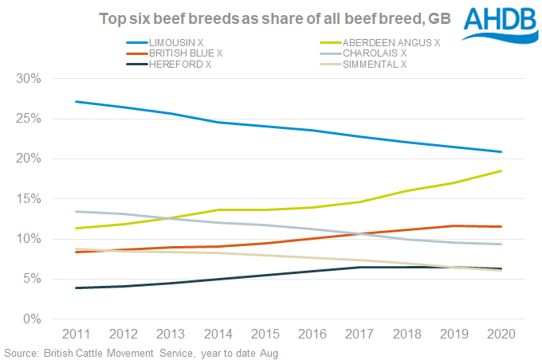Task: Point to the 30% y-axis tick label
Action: pyautogui.click(x=29, y=79)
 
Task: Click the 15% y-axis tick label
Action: pyautogui.click(x=29, y=199)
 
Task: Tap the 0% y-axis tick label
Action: pyautogui.click(x=32, y=319)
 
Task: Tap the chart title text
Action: pyautogui.click(x=271, y=18)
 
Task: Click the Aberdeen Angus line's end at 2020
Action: pyautogui.click(x=501, y=170)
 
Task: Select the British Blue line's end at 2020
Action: pyautogui.click(x=501, y=227)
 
